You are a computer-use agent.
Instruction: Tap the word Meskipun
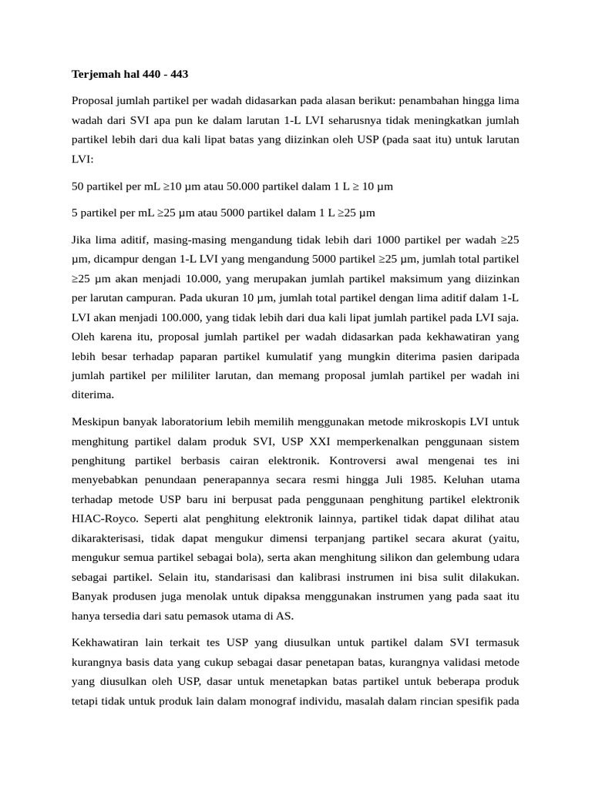tap(98, 421)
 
